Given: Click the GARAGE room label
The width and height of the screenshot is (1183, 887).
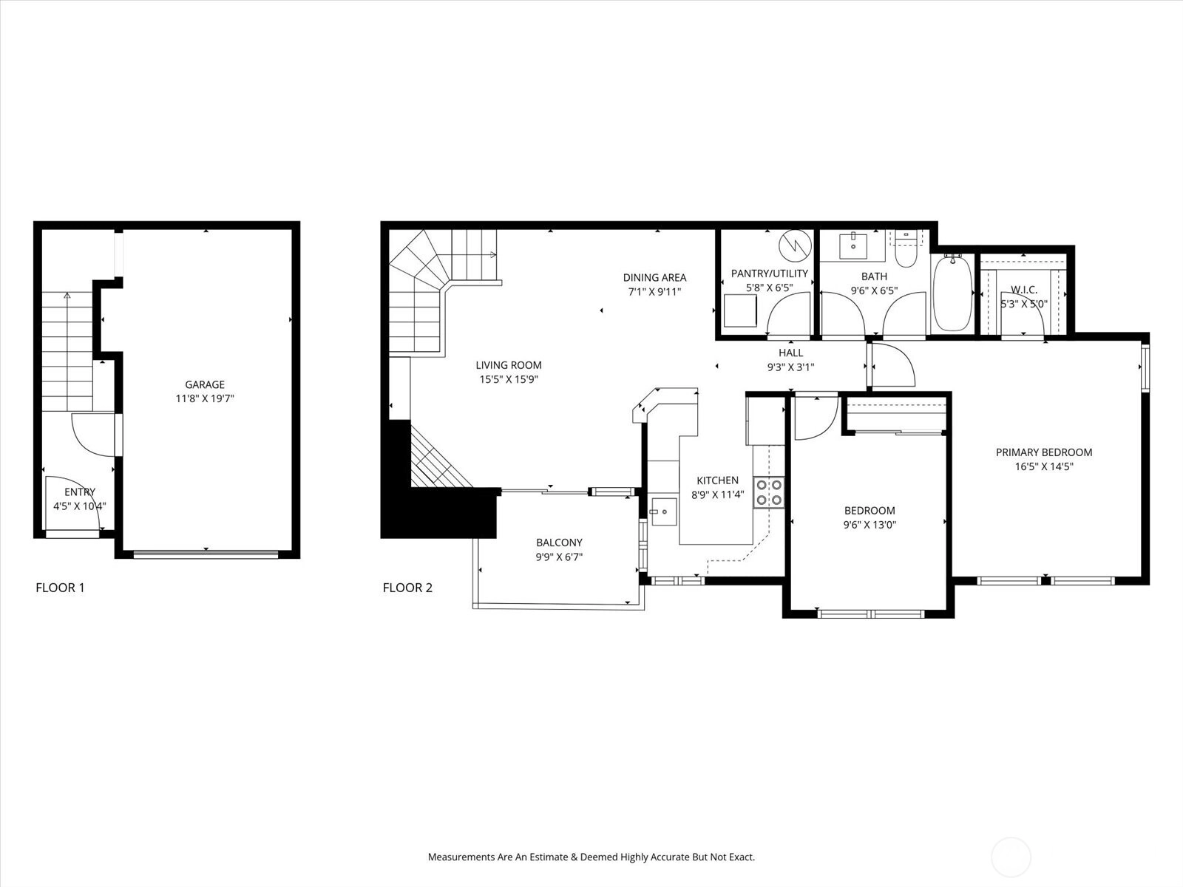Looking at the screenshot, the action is tap(205, 384).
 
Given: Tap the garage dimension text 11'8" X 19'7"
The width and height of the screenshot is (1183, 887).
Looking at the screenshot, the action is tap(205, 399).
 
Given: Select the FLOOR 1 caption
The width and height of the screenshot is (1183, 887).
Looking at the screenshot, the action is tap(60, 588).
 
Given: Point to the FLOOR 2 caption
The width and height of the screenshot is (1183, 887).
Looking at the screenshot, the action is tap(407, 588).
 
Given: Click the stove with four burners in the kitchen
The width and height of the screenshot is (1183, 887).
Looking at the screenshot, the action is tap(769, 493).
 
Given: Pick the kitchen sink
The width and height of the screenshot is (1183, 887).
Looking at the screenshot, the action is tap(664, 512).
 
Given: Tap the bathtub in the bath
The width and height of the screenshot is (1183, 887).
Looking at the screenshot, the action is tap(952, 293).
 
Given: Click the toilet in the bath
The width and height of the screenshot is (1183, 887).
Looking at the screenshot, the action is tap(906, 250).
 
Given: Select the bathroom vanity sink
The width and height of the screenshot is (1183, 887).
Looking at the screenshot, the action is tap(854, 246).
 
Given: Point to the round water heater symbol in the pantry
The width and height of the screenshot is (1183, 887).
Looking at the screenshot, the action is tap(795, 246).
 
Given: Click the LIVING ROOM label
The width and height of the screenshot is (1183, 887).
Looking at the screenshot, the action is tap(509, 365).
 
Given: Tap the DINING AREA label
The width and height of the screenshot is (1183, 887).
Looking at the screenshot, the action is tap(655, 278).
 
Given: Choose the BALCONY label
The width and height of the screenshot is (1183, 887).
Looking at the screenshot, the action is tap(560, 543).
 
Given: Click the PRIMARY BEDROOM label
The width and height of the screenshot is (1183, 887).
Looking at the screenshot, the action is tap(1044, 452).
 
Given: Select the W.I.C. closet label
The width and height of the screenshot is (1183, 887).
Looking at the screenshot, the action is tap(1024, 290).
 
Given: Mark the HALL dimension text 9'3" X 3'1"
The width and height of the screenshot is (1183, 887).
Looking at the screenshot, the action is tap(790, 367).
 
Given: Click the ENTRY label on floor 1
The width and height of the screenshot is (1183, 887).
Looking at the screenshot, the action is tap(80, 492).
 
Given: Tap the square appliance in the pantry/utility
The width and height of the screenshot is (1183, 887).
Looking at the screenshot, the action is tap(740, 310).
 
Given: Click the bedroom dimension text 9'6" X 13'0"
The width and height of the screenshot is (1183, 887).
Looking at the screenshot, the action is tap(870, 525).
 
